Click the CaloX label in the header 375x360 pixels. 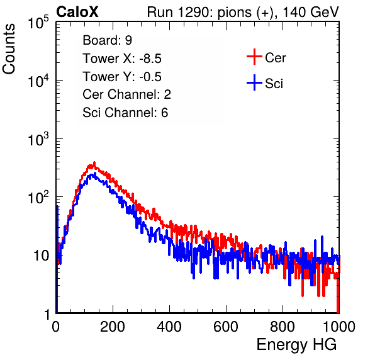(x=77, y=12)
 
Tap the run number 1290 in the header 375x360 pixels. (x=193, y=12)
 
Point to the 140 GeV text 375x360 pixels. (x=311, y=12)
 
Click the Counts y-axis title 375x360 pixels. (x=9, y=49)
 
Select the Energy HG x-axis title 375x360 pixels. (x=296, y=345)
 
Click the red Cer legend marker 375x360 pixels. (x=254, y=57)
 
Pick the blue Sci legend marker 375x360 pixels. (x=254, y=83)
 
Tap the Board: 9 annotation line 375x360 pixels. (x=107, y=40)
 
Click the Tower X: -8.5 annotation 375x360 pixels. (x=122, y=59)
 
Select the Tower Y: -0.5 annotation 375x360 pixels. (x=122, y=77)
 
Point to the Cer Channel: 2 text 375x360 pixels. (x=126, y=94)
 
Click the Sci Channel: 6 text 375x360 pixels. (x=125, y=113)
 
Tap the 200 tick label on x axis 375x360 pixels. (x=113, y=327)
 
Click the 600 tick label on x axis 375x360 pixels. (x=226, y=327)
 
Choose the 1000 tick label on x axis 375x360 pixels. (x=339, y=327)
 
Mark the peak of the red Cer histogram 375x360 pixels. (x=94, y=162)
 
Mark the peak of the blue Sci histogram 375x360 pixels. (x=95, y=173)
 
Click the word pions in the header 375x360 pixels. (x=234, y=13)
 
